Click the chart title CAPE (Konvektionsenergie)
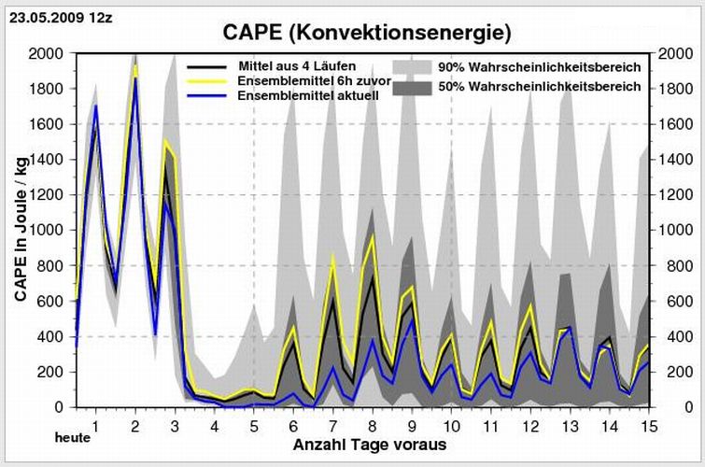pos(367,33)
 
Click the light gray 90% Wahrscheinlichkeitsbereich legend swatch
pos(411,67)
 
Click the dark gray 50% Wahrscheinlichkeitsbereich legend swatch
pos(411,87)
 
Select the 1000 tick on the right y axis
pos(671,230)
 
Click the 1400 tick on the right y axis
pos(671,160)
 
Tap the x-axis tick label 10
pos(451,426)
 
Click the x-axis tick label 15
pos(648,426)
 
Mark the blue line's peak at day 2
pos(135,78)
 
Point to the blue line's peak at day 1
pos(95,106)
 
